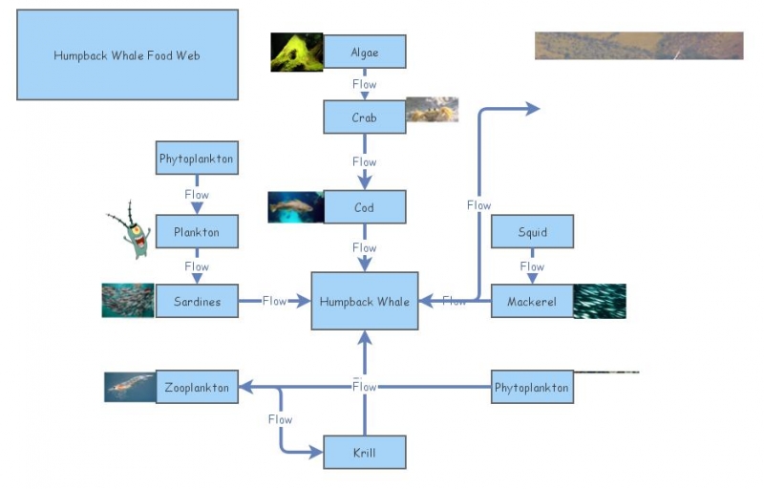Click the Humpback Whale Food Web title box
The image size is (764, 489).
point(127,55)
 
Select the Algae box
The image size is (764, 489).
point(365,52)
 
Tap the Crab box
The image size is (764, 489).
point(365,117)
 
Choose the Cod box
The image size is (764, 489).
point(365,207)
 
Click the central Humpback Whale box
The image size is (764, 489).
point(365,301)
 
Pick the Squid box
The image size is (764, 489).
point(532,231)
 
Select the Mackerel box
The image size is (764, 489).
point(532,301)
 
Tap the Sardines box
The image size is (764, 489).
point(197,301)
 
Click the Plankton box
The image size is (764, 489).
point(197,231)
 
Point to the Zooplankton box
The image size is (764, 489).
point(197,387)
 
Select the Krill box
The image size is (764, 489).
point(365,452)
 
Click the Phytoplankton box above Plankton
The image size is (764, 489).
point(197,158)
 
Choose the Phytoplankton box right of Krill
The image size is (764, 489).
point(532,387)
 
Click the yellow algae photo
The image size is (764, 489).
point(296,53)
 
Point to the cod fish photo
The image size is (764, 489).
point(296,207)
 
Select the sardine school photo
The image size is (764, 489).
point(128,300)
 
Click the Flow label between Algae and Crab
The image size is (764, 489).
point(365,84)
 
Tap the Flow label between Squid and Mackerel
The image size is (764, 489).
point(532,266)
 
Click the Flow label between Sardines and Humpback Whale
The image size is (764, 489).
point(275,301)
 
